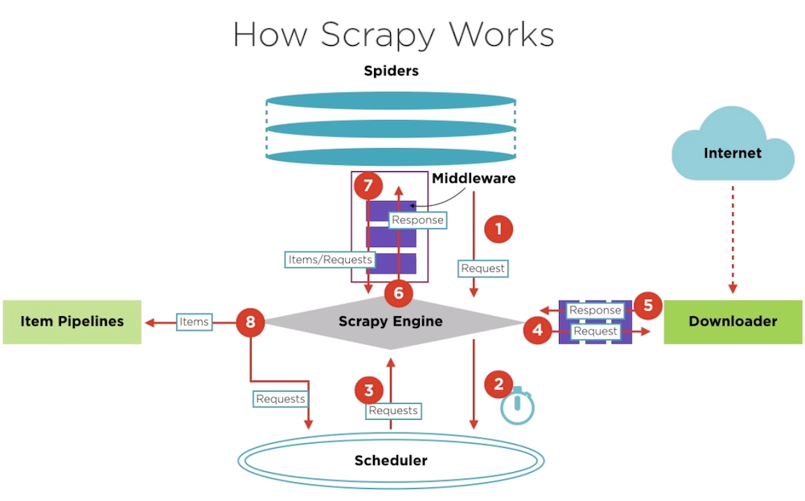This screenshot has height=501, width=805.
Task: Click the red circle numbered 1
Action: click(498, 229)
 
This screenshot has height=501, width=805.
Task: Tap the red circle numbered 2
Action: click(499, 384)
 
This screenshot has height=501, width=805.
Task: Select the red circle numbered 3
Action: click(368, 391)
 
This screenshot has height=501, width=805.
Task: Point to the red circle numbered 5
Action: click(647, 306)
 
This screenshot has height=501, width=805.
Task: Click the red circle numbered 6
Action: click(398, 293)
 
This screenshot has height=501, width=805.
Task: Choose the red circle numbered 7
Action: click(368, 187)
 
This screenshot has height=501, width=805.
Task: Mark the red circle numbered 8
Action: click(251, 322)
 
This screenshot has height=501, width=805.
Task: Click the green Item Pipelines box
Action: click(72, 322)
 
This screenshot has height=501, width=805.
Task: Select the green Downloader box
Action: click(733, 322)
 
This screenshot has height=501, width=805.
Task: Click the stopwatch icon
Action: click(517, 407)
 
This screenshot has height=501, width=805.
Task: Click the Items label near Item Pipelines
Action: click(194, 322)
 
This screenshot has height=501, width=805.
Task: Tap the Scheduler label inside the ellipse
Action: click(391, 461)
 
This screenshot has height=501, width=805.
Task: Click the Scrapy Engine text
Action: click(390, 322)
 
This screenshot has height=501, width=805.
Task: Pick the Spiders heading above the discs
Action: click(391, 71)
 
